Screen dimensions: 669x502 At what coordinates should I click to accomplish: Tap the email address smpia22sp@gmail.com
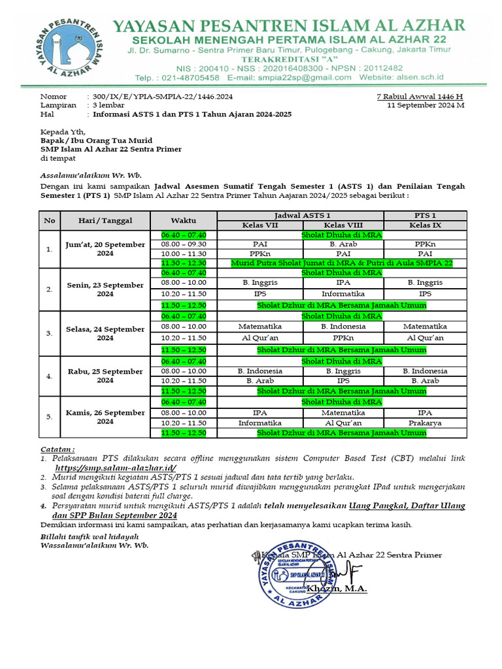290,77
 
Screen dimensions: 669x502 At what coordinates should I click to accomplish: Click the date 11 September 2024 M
426,105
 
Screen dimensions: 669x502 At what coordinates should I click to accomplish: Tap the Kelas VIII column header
343,225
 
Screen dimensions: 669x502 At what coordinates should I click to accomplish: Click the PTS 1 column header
425,216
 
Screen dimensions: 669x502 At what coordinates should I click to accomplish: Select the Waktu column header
184,220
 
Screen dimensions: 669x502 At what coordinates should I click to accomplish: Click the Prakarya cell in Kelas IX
425,423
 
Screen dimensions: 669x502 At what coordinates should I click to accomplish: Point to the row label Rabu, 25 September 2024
105,376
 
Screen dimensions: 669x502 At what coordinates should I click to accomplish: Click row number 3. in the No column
50,333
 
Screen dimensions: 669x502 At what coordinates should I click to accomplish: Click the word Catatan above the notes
58,449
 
